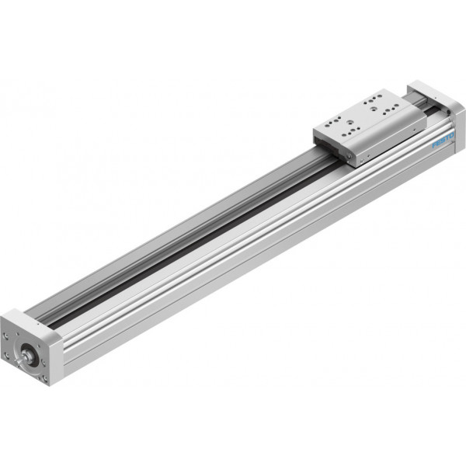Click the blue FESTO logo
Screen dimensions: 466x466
pyautogui.click(x=443, y=140)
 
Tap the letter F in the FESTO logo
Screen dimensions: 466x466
pyautogui.click(x=434, y=145)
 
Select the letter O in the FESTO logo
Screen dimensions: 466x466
pyautogui.click(x=451, y=135)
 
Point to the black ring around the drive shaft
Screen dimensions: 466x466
pyautogui.click(x=29, y=353)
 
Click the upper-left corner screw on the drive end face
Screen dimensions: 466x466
pyautogui.click(x=5, y=336)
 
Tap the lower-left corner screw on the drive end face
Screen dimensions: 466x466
pyautogui.click(x=5, y=355)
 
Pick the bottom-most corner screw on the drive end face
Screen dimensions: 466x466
pyautogui.click(x=45, y=378)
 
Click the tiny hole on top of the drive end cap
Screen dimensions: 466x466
pyautogui.click(x=38, y=324)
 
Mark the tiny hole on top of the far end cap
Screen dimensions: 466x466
pyautogui.click(x=436, y=97)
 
